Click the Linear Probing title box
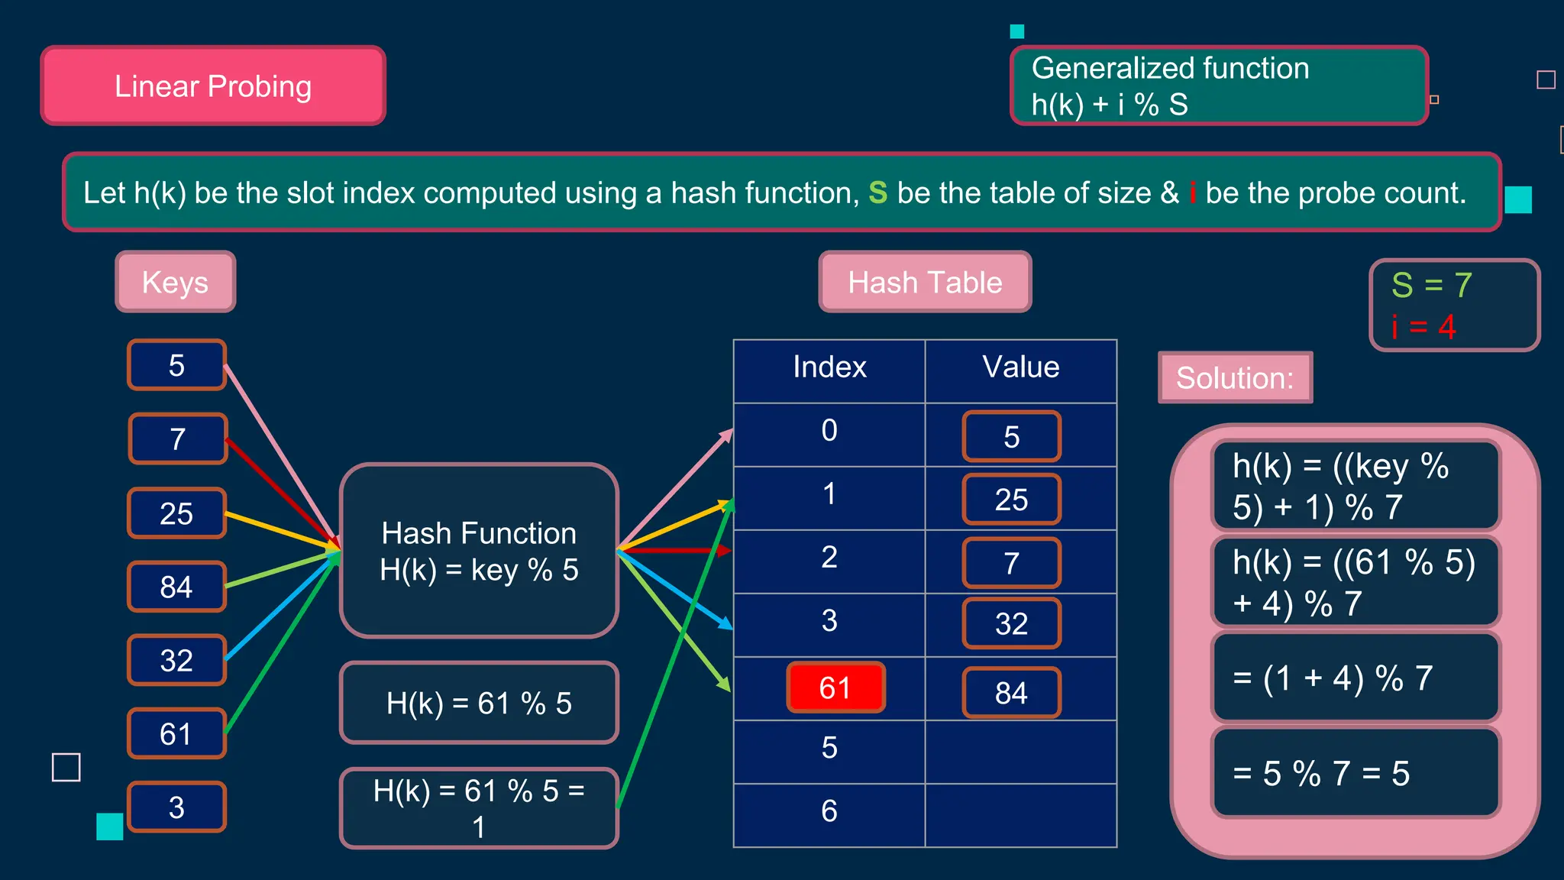(x=213, y=86)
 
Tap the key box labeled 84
(x=176, y=587)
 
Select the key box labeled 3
(x=176, y=807)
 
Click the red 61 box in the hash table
(x=835, y=687)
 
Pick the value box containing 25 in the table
(x=1011, y=500)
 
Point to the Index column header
(x=829, y=367)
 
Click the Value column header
(x=1021, y=367)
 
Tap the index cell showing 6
(x=829, y=811)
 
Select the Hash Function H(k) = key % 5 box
(x=479, y=551)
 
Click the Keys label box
(x=175, y=282)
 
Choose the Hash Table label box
(x=925, y=282)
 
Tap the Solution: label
(x=1235, y=377)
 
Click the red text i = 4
(x=1423, y=327)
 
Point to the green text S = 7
(x=1431, y=285)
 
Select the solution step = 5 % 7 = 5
(x=1356, y=773)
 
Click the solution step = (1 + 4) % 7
(x=1356, y=678)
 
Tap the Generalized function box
(x=1219, y=86)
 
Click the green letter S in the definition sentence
(x=877, y=192)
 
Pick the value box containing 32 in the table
(x=1011, y=623)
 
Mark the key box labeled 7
(x=178, y=438)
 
